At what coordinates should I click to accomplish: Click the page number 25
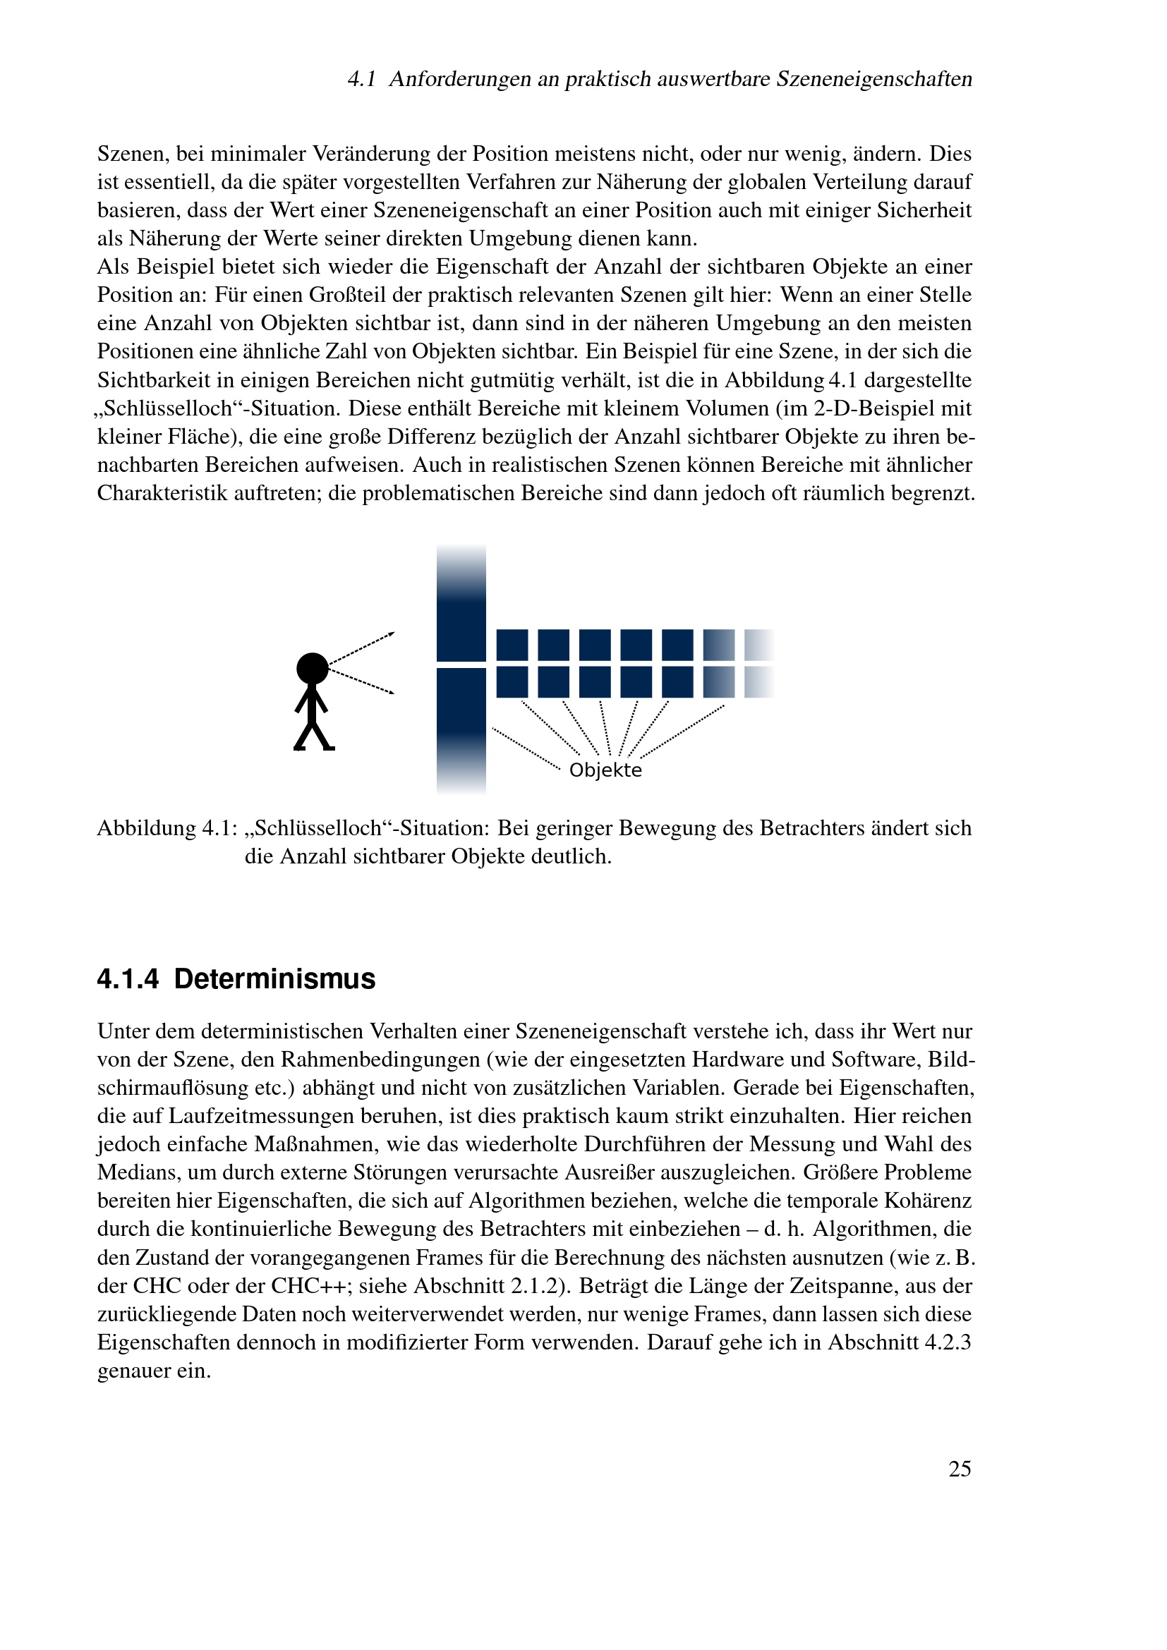pyautogui.click(x=960, y=1469)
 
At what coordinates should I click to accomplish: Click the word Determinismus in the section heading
pyautogui.click(x=274, y=980)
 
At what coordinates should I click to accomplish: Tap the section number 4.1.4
pyautogui.click(x=127, y=980)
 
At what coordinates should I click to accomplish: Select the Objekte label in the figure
pyautogui.click(x=605, y=770)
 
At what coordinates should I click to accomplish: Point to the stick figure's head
pyautogui.click(x=313, y=668)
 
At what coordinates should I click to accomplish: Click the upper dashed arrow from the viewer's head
pyautogui.click(x=361, y=647)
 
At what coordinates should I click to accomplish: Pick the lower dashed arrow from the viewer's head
pyautogui.click(x=361, y=682)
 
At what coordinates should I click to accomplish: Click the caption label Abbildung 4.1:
pyautogui.click(x=167, y=829)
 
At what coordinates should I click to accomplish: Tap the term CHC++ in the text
pyautogui.click(x=303, y=1286)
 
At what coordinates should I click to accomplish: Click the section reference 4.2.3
pyautogui.click(x=945, y=1342)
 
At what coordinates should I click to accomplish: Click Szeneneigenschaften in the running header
pyautogui.click(x=873, y=79)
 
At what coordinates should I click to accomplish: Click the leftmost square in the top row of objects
pyautogui.click(x=512, y=645)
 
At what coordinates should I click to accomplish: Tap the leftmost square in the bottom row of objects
pyautogui.click(x=512, y=682)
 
